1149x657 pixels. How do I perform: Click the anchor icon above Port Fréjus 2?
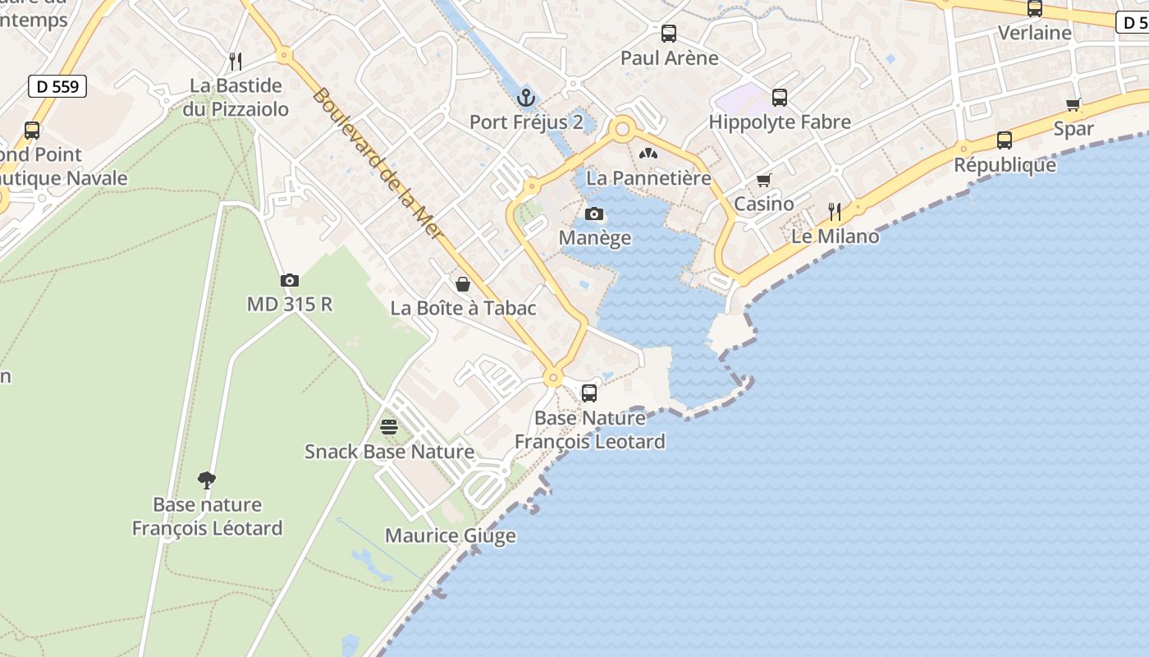click(x=525, y=99)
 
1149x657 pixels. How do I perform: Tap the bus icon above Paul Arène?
click(x=669, y=34)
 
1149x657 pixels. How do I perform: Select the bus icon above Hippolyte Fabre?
click(x=780, y=98)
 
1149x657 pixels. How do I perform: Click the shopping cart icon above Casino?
click(x=764, y=180)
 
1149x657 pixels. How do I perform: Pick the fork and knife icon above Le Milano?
click(x=835, y=212)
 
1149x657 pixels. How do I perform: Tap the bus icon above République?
click(x=1005, y=140)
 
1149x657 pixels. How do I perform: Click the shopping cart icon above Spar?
click(x=1073, y=104)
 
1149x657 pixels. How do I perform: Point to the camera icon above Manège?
click(x=594, y=214)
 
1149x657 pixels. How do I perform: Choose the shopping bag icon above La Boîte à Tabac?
click(x=463, y=284)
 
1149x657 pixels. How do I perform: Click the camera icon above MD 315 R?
click(x=289, y=280)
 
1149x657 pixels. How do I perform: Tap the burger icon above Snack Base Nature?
click(x=389, y=427)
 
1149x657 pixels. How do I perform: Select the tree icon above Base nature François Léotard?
click(x=207, y=480)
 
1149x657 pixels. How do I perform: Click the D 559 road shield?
click(x=57, y=85)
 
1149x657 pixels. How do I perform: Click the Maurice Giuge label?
click(x=451, y=536)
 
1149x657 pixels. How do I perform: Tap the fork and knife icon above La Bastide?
click(x=236, y=61)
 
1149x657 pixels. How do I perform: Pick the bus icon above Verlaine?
click(x=1035, y=9)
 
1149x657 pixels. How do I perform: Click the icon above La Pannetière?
click(x=648, y=154)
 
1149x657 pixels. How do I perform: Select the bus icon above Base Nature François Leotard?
click(x=589, y=393)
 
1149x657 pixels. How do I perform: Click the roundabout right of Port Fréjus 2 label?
click(x=623, y=129)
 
